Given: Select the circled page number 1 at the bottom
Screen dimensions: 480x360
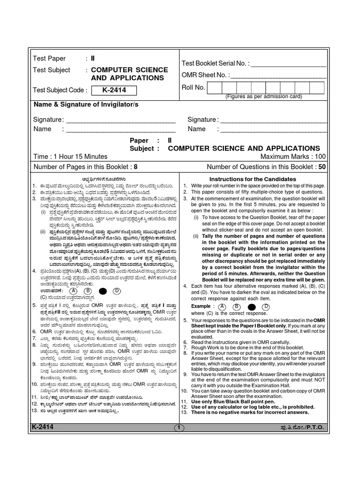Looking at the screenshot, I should tap(180, 427).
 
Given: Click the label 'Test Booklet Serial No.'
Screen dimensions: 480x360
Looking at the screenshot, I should tap(216, 63).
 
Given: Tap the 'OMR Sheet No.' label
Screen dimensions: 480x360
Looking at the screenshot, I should tap(205, 75).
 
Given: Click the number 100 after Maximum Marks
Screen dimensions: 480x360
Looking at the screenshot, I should tap(321, 157).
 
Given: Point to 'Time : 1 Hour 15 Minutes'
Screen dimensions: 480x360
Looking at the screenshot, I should tap(70, 157).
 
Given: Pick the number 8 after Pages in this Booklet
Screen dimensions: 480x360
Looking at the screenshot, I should tap(135, 166).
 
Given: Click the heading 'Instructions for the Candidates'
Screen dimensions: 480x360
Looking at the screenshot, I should tap(252, 179).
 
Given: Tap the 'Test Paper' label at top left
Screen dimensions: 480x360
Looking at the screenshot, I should tap(49, 59).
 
